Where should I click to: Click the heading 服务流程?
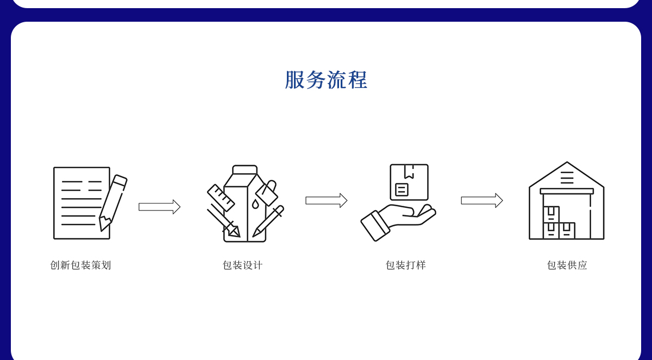pos(326,80)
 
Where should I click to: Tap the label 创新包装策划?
pos(80,265)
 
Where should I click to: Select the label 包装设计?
pos(242,265)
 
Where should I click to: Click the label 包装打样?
pos(405,265)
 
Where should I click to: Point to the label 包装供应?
pos(567,265)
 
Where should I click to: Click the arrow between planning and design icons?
pos(159,207)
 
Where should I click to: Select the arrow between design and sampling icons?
pos(326,200)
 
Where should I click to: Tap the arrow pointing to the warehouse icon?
pos(481,200)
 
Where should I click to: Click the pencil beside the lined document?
pos(113,202)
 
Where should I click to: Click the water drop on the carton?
pos(255,204)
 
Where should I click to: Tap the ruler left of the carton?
pos(221,198)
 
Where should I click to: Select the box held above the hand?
pos(409,182)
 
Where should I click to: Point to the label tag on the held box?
pos(402,190)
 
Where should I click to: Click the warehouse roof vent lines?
pos(567,178)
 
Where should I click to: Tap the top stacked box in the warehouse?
pos(551,214)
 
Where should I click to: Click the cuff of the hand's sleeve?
pos(375,226)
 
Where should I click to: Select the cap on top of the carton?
pos(244,170)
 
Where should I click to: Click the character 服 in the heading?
pos(294,80)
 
